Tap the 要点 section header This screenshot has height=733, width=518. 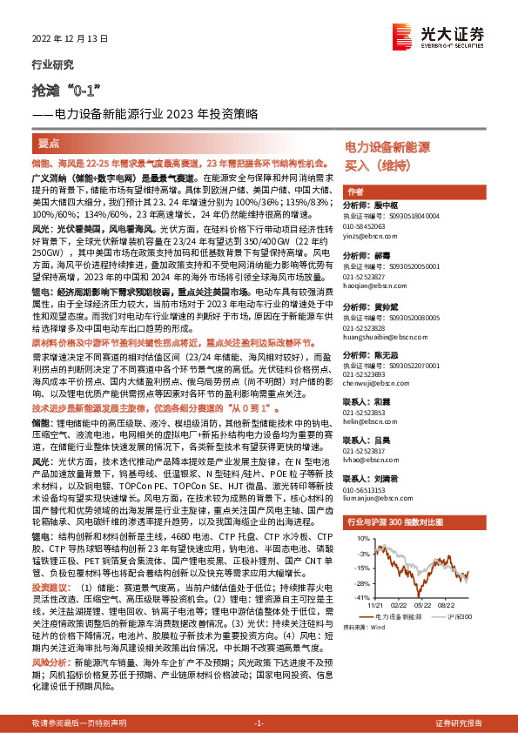[48, 140]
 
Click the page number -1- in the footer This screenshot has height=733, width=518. [258, 723]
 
